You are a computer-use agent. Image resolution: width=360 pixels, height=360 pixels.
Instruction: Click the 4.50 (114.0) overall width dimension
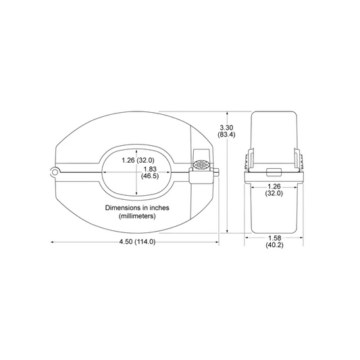click(137, 242)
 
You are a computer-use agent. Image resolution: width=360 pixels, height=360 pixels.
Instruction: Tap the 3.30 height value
click(226, 128)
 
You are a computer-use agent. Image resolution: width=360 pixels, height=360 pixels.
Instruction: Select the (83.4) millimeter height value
click(226, 134)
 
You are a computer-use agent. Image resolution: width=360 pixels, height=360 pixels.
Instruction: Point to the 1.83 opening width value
click(150, 170)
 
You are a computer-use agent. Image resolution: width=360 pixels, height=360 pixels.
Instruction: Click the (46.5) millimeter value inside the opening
click(150, 176)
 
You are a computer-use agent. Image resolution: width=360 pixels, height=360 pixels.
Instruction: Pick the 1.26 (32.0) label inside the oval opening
click(138, 160)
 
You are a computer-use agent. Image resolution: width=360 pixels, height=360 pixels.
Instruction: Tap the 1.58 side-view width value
click(275, 238)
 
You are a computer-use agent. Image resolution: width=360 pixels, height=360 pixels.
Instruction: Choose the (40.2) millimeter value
click(275, 245)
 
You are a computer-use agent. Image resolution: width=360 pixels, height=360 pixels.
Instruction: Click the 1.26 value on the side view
click(274, 186)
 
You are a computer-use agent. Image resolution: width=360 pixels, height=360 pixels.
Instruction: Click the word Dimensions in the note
click(122, 208)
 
